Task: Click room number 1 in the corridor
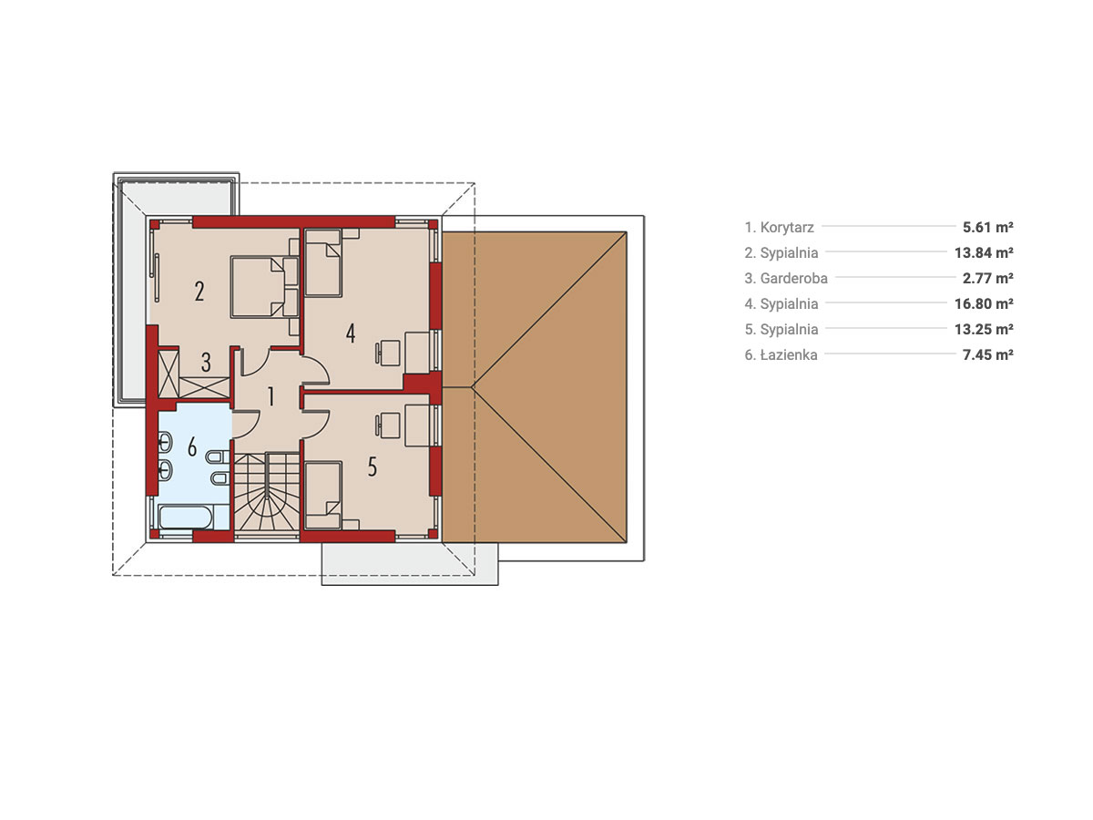[271, 397]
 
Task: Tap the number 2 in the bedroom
[199, 292]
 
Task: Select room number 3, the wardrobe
[206, 363]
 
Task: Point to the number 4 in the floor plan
[351, 333]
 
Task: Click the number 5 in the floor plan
[372, 467]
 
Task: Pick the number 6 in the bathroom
[192, 447]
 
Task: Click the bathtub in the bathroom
[186, 518]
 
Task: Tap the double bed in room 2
[264, 287]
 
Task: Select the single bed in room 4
[322, 262]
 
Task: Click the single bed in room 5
[322, 495]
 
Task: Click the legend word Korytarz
[787, 228]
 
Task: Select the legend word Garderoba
[793, 278]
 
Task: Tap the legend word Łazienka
[788, 355]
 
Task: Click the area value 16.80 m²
[984, 303]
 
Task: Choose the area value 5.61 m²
[987, 228]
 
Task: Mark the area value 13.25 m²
[984, 329]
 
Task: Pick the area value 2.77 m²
[987, 278]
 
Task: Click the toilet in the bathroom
[218, 456]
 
